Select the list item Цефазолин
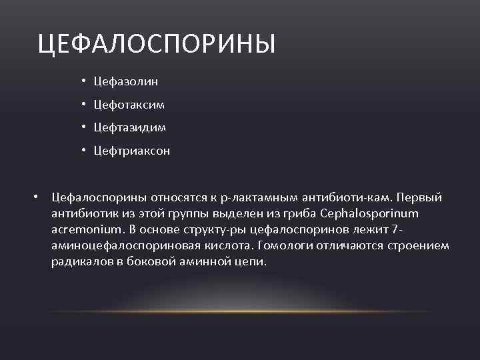point(126,81)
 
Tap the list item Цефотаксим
point(129,105)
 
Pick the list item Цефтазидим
point(130,127)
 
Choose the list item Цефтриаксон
point(132,151)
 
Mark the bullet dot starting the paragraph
point(39,198)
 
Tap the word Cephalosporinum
point(370,214)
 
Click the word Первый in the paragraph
point(425,198)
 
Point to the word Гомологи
point(294,246)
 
